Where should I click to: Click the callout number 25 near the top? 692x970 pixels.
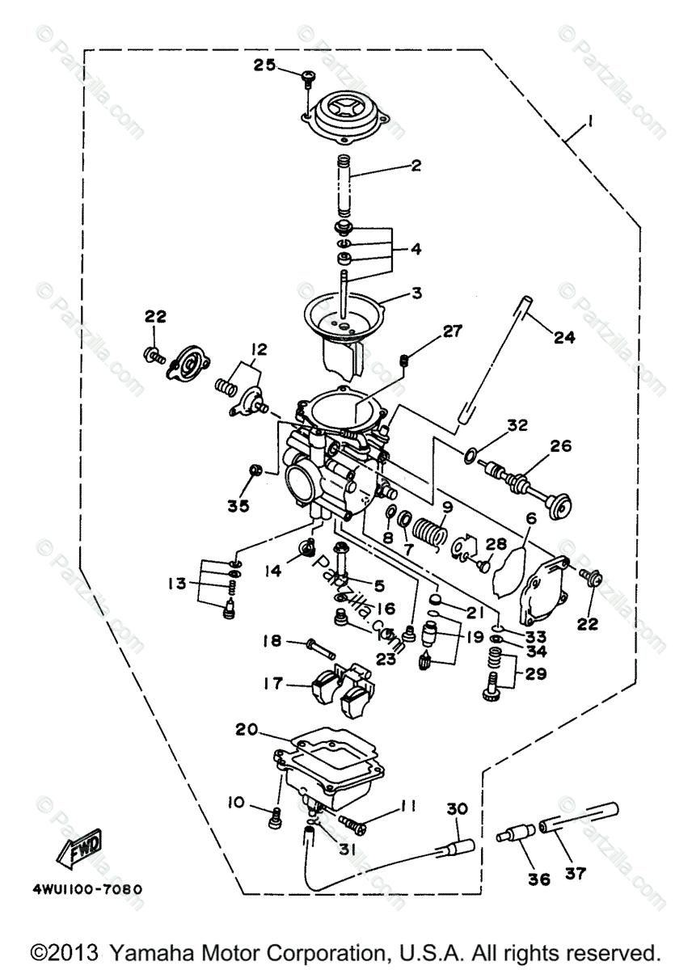pos(264,65)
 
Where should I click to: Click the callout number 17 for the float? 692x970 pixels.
pos(273,684)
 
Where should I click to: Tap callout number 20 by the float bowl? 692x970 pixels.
pos(246,729)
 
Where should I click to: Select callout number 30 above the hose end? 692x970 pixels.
pos(457,809)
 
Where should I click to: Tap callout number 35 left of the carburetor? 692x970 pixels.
pos(238,506)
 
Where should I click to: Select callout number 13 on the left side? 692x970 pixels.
pos(178,582)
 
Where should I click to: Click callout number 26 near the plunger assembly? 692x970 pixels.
pos(561,445)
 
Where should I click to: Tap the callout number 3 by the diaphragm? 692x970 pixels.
pos(416,293)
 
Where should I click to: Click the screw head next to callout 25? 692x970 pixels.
pos(306,77)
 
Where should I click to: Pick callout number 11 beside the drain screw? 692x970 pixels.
pos(407,805)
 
